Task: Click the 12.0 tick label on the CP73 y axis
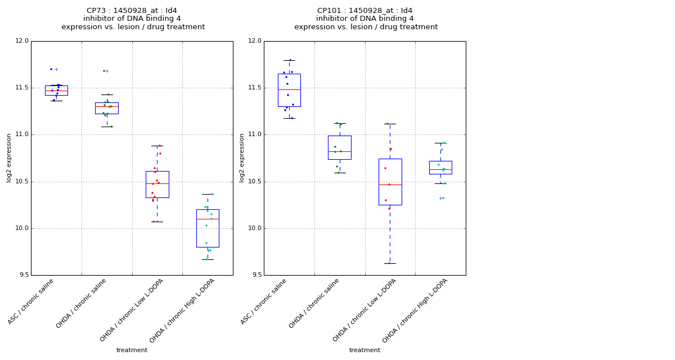coord(22,41)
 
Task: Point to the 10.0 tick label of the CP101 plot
coord(255,228)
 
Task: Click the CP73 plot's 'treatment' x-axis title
coord(132,350)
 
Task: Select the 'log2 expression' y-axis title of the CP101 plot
coord(242,158)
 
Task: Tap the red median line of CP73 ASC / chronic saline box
coord(56,91)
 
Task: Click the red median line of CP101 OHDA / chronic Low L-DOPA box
coord(390,184)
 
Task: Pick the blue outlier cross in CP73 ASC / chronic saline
coord(56,70)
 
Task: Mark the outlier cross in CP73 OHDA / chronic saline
coord(107,71)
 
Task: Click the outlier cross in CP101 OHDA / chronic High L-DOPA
coord(440,198)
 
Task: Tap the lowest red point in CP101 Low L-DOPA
coord(389,263)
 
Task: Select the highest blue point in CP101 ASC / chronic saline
coord(290,60)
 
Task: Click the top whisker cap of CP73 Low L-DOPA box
coord(157,146)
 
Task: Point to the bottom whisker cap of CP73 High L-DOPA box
coord(208,260)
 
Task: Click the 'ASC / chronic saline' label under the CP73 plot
coord(30,301)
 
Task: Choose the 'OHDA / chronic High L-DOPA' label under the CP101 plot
coord(415,310)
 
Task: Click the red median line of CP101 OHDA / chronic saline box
coord(340,151)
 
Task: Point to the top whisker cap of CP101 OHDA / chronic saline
coord(340,124)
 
